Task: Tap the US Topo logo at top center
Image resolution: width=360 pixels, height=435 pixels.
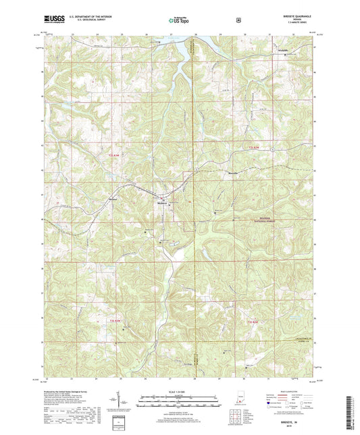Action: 179,21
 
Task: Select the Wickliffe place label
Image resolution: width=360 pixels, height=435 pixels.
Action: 282,51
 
